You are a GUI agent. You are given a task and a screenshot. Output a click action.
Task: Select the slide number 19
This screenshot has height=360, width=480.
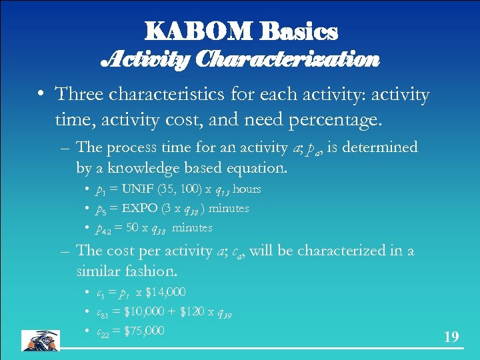coord(451,337)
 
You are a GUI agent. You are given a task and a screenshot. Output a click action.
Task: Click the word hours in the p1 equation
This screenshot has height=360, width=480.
coord(247,189)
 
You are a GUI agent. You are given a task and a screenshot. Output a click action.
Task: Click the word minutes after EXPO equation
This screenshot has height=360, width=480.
coord(229,209)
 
